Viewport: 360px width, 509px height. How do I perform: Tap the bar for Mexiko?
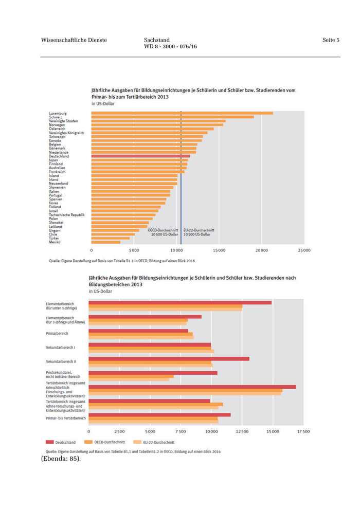(x=105, y=242)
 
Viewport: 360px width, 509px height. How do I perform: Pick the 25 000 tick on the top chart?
(x=303, y=250)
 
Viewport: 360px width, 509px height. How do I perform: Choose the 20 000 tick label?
(x=261, y=250)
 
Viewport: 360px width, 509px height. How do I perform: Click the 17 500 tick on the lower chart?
(x=303, y=431)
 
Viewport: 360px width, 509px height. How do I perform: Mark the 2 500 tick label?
(x=119, y=431)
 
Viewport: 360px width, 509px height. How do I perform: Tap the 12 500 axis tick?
(x=242, y=431)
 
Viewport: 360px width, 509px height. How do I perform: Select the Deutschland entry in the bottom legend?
(x=61, y=442)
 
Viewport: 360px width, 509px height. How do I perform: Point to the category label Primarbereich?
(x=57, y=333)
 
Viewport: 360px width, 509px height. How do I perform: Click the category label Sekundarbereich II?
(x=61, y=361)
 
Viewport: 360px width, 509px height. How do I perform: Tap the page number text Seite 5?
(x=331, y=40)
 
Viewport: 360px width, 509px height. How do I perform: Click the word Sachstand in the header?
(x=157, y=40)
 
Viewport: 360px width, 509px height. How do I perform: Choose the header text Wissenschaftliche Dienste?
(x=74, y=40)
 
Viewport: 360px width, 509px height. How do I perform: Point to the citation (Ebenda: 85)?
(x=61, y=458)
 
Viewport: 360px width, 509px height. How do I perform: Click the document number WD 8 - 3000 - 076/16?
(x=171, y=47)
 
